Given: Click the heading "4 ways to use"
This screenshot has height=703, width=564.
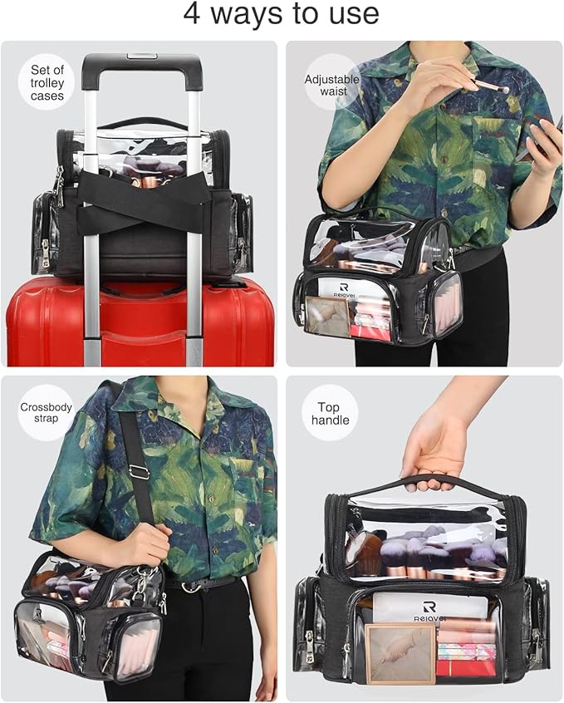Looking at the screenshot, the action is pyautogui.click(x=281, y=14).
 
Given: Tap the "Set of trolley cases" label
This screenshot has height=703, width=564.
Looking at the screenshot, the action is pyautogui.click(x=47, y=83).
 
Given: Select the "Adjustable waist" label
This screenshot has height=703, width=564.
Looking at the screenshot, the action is pyautogui.click(x=332, y=86).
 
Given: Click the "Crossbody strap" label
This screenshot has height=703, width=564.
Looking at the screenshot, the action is pyautogui.click(x=46, y=412).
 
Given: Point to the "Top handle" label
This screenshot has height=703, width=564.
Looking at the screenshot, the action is pyautogui.click(x=330, y=414).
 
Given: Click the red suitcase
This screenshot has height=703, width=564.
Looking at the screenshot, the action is pyautogui.click(x=140, y=322).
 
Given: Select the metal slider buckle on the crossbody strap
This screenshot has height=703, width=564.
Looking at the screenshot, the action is pyautogui.click(x=139, y=472).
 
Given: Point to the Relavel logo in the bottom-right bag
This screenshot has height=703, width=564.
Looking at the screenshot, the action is pyautogui.click(x=430, y=611).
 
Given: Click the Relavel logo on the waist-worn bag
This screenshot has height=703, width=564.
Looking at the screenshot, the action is pyautogui.click(x=344, y=290).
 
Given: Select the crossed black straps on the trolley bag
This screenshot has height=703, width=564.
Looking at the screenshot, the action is pyautogui.click(x=143, y=199).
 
